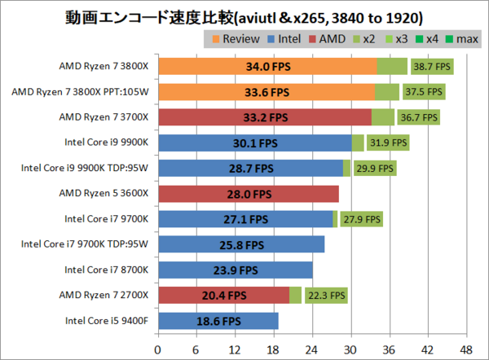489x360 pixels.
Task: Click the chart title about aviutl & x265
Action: point(244,16)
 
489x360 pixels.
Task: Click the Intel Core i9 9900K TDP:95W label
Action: point(86,169)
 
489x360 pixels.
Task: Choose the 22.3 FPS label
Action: point(325,296)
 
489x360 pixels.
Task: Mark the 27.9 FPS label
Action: point(361,219)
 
